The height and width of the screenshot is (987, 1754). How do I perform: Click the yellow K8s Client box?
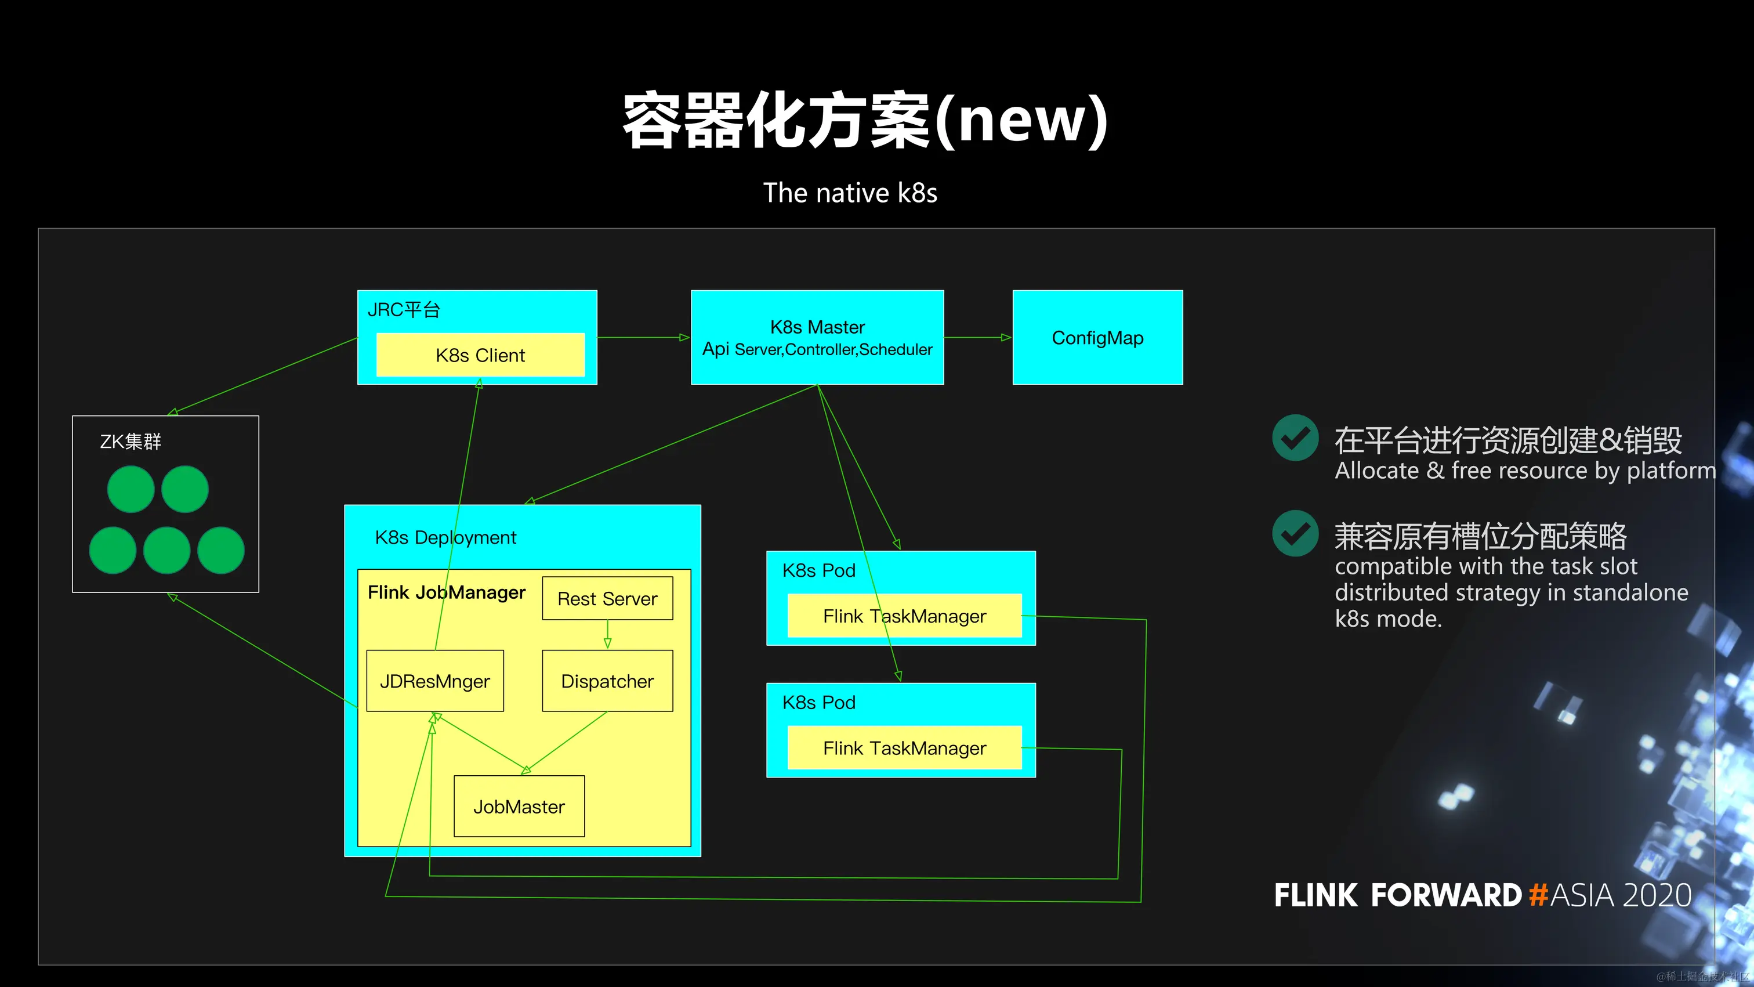coord(480,355)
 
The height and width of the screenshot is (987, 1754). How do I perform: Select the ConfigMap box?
coord(1097,338)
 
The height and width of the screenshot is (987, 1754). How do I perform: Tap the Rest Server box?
coord(607,599)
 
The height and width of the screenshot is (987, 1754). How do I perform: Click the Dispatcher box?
coord(607,681)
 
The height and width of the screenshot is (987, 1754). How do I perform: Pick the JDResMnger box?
coord(434,681)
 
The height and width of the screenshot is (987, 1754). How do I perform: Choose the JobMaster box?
coord(519,807)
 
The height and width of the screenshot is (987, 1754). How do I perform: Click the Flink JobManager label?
coord(446,592)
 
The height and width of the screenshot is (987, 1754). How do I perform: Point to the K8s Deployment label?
coord(445,537)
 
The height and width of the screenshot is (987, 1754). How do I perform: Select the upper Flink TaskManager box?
coord(904,616)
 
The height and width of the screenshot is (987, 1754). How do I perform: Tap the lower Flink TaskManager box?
coord(904,748)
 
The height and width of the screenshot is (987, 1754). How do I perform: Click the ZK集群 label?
coord(131,442)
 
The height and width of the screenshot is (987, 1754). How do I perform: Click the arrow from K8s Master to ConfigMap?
coord(978,337)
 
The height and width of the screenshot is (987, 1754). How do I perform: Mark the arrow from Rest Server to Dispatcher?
coord(607,634)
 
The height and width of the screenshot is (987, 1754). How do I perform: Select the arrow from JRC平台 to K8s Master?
coord(643,337)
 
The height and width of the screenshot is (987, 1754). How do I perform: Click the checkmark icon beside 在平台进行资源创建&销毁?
coord(1295,438)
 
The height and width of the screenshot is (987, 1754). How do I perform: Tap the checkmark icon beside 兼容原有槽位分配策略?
coord(1295,533)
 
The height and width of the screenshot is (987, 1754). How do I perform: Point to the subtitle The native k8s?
coord(850,193)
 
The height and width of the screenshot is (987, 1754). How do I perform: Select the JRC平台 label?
coord(404,310)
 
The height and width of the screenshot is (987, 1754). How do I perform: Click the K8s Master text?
coord(817,327)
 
